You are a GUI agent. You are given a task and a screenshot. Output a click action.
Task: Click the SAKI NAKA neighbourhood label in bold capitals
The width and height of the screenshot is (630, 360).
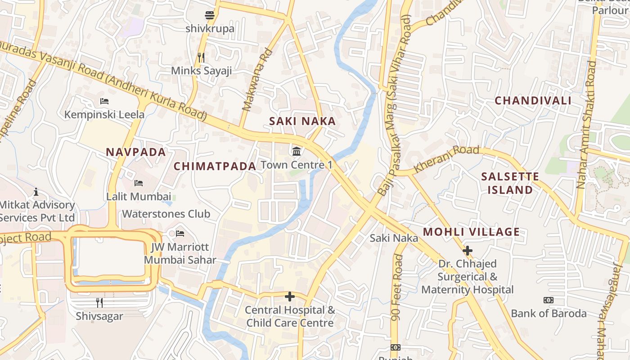[x=302, y=121]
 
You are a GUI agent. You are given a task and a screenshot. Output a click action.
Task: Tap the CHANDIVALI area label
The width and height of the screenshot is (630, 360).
[x=533, y=100]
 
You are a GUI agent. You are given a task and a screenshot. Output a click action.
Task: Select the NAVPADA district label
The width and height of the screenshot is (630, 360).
[x=136, y=152]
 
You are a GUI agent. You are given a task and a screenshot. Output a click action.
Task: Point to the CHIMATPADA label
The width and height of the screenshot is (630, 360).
[x=215, y=166]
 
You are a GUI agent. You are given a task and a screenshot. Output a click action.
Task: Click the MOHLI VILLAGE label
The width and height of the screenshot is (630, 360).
[x=471, y=232]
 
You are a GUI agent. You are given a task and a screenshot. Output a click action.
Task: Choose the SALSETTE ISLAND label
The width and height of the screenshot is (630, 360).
[x=510, y=183]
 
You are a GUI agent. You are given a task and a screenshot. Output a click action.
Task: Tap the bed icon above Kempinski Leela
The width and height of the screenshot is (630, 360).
[x=104, y=101]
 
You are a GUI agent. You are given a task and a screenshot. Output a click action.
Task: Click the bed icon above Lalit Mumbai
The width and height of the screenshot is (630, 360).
[x=139, y=183]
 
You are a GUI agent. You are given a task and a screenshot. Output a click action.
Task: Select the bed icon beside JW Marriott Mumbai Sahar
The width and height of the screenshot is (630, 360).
[x=180, y=233]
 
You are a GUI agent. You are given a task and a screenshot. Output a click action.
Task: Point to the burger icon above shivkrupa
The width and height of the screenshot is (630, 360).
[x=210, y=15]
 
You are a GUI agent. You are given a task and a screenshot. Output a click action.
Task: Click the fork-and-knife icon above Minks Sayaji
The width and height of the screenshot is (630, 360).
[x=201, y=57]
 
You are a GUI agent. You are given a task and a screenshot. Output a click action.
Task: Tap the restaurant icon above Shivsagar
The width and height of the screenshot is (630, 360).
[x=99, y=302]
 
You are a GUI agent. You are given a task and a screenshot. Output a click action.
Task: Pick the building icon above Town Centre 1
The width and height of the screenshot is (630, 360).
[x=297, y=151]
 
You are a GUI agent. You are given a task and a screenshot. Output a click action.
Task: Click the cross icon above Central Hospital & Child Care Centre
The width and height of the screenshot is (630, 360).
[x=290, y=297]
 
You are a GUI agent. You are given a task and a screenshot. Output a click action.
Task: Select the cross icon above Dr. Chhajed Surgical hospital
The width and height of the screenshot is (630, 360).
[x=468, y=250]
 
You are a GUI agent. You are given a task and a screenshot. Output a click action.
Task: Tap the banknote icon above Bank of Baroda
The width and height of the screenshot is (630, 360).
[x=548, y=300]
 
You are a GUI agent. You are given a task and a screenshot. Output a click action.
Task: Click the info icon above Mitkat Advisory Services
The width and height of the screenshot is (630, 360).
[x=36, y=192]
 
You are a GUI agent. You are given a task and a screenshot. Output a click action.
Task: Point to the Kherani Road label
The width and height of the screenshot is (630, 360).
[x=446, y=159]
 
